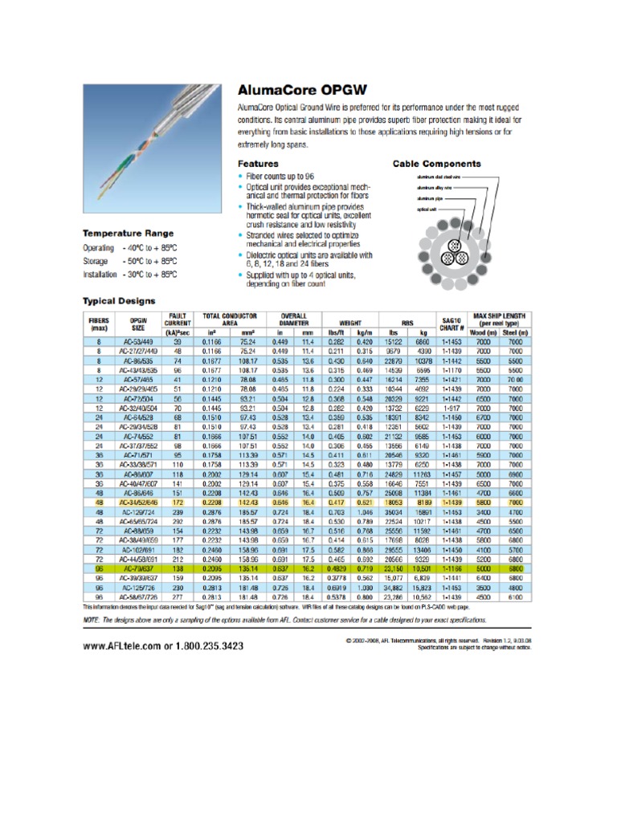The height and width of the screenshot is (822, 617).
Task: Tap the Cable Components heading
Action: tap(436, 163)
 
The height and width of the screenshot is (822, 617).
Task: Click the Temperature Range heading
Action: tap(129, 234)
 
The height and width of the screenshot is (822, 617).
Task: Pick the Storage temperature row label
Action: tap(96, 261)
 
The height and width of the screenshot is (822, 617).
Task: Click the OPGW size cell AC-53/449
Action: tap(139, 340)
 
